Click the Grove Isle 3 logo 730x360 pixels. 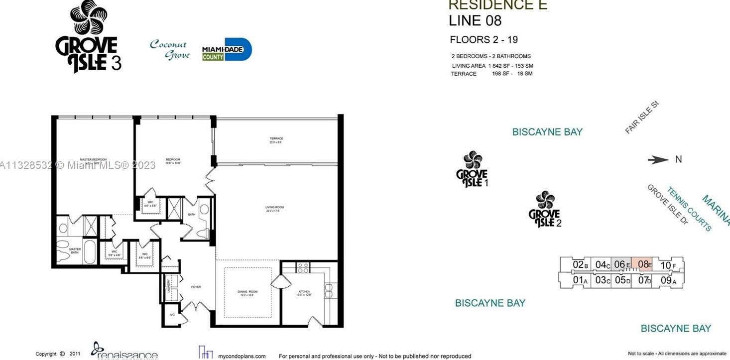coord(88,37)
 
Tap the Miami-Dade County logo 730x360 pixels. coord(227,50)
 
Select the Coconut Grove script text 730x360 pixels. coord(170,49)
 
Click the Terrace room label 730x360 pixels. coord(276,140)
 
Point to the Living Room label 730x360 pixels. coord(274,209)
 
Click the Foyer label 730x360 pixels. coord(196,287)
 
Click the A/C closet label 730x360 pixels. coord(172,315)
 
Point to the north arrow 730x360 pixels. coord(658,160)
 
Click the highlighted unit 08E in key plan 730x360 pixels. coord(644,265)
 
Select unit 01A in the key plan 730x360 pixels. coord(580,280)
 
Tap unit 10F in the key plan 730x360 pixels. coord(668,265)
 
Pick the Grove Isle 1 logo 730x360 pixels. coord(472,170)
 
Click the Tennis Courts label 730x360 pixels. coord(689,209)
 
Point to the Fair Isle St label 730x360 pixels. coord(642,118)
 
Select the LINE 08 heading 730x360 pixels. coord(475,21)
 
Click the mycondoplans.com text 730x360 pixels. coord(242,356)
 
